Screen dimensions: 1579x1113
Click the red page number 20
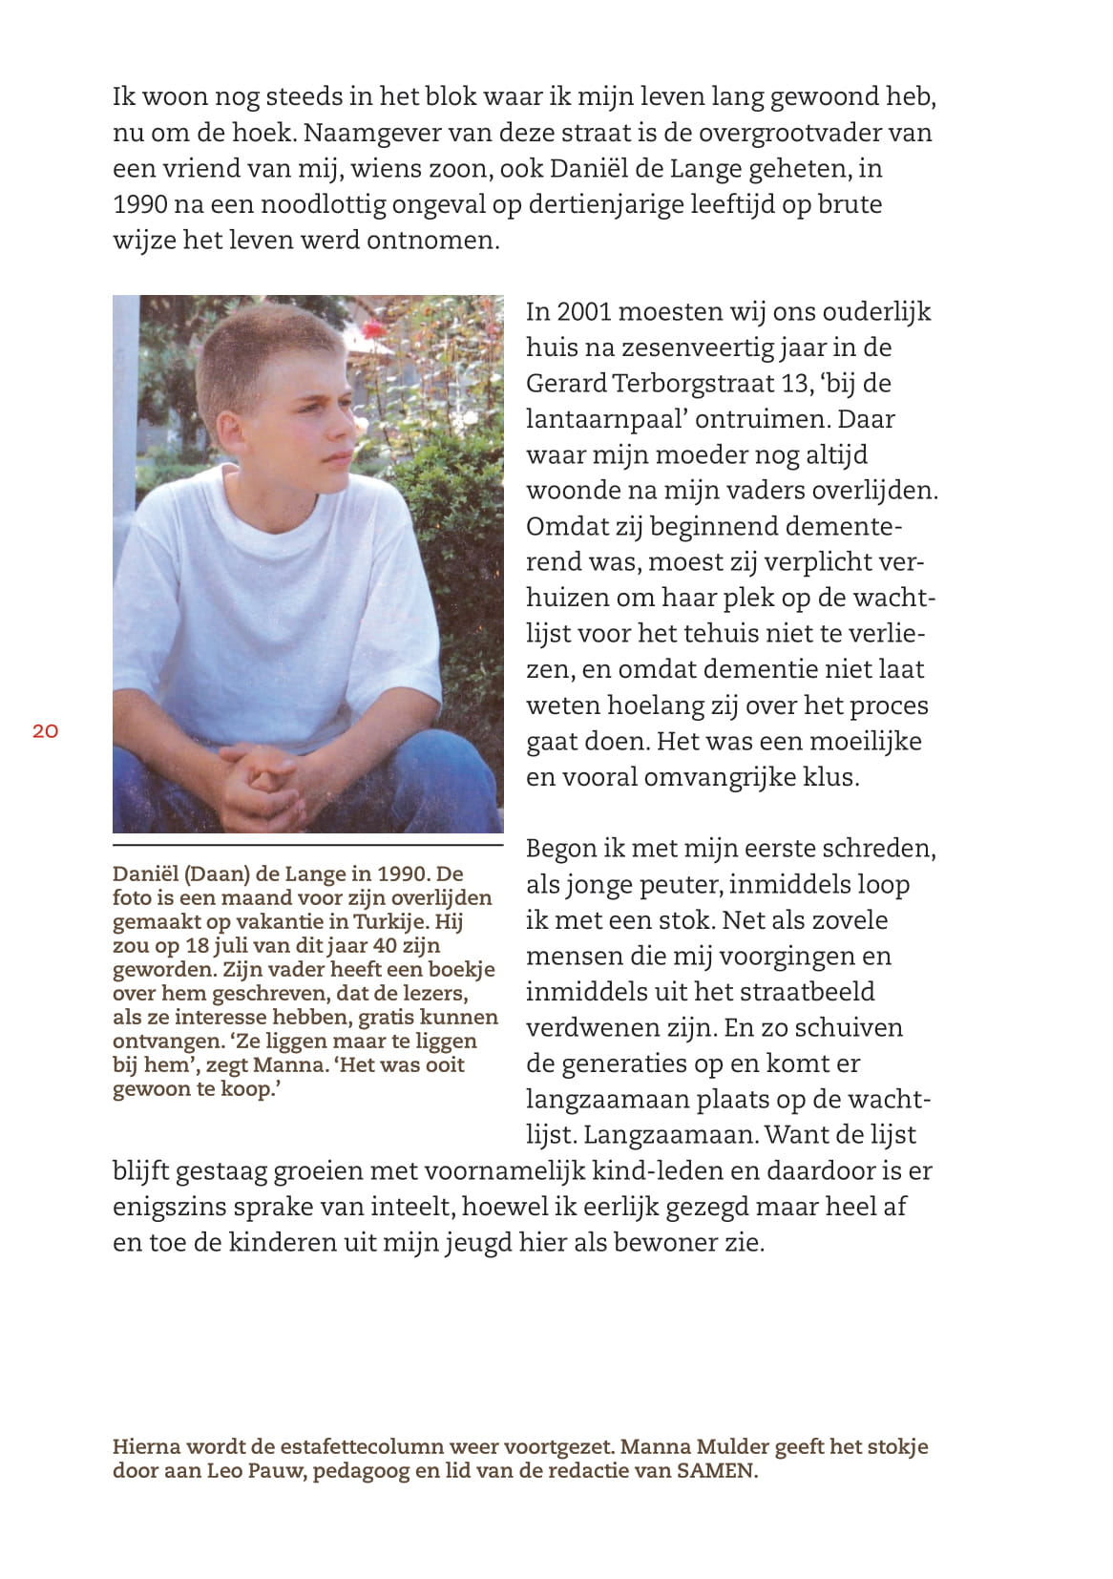click(x=45, y=731)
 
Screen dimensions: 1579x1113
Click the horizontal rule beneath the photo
click(x=307, y=845)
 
